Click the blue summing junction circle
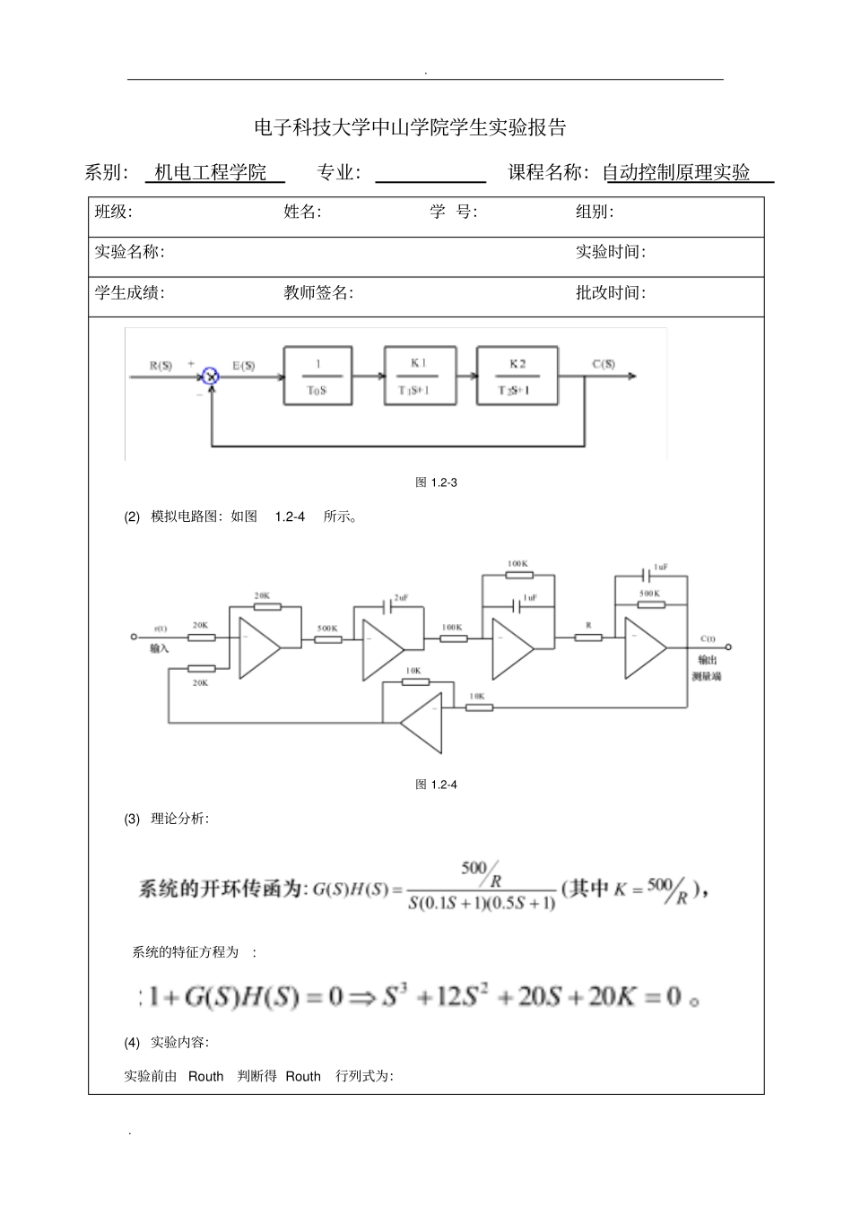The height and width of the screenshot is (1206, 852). (x=211, y=377)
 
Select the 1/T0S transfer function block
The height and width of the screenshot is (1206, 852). (x=317, y=377)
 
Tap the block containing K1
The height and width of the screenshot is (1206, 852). (x=420, y=377)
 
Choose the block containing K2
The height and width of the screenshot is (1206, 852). (x=517, y=377)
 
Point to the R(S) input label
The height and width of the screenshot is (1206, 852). (x=161, y=366)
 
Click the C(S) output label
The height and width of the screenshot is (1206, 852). (x=604, y=364)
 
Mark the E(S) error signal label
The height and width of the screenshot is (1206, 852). (x=244, y=366)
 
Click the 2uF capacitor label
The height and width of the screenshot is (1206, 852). (x=401, y=598)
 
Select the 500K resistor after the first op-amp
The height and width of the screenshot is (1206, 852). (x=327, y=638)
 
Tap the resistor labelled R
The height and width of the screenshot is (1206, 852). (x=588, y=638)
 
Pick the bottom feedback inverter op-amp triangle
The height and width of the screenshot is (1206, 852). (x=423, y=722)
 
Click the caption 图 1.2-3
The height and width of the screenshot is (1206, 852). (x=436, y=482)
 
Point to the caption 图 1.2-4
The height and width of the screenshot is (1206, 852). (x=436, y=785)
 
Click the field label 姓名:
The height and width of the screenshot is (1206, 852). (x=302, y=213)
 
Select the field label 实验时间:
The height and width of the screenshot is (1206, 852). (x=610, y=252)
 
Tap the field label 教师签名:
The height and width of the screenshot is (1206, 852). (x=318, y=292)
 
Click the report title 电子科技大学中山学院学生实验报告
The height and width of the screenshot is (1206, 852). (x=411, y=128)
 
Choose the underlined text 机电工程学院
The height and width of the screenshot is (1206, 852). (x=211, y=173)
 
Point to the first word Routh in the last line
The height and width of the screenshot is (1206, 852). (x=205, y=1076)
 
